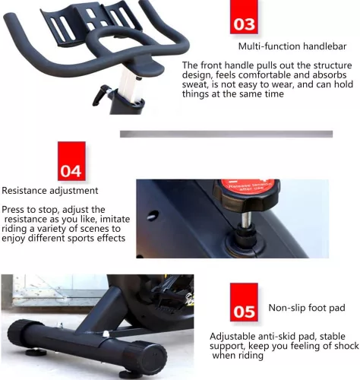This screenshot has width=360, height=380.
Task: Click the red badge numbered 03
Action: [x=244, y=17]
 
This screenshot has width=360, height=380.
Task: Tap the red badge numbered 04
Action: [x=71, y=161]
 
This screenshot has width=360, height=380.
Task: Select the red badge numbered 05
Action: [x=244, y=302]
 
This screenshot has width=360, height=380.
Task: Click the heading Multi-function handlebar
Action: [x=292, y=46]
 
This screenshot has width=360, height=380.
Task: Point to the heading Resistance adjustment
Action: [x=50, y=191]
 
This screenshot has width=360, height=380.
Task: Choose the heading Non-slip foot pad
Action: [x=307, y=308]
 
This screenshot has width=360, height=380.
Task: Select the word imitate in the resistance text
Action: [x=117, y=219]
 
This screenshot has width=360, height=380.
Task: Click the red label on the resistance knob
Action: [x=247, y=186]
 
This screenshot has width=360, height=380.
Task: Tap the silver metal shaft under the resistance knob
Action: [x=246, y=220]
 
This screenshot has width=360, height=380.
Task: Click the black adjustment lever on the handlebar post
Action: [x=102, y=95]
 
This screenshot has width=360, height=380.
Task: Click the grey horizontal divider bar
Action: [x=226, y=134]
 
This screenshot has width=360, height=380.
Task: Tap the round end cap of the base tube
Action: [x=147, y=357]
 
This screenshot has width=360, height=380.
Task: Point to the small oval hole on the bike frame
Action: [x=153, y=216]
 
